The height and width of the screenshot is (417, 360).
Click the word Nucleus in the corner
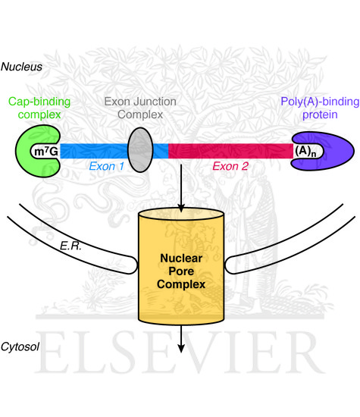pos(22,67)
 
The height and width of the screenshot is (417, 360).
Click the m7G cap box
pos(44,151)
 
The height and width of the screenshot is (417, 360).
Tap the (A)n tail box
pos(308,151)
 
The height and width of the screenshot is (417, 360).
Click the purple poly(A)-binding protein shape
pos(333,151)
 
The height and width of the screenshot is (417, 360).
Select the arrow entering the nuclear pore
pos(181,190)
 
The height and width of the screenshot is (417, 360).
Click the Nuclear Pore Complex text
pos(181,269)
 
